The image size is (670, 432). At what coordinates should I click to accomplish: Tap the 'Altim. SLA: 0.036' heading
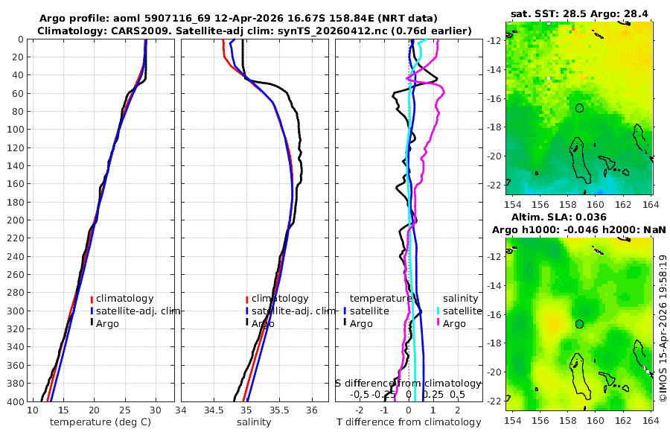pos(580,217)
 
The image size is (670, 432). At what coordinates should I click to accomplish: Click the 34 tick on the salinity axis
pos(181,410)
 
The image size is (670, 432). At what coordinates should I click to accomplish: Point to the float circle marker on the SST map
pos(579,108)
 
